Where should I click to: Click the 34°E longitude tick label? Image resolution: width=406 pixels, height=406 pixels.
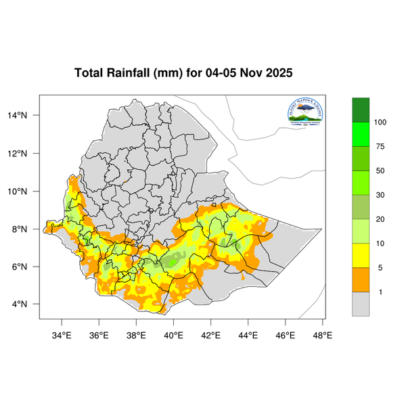tap(62, 334)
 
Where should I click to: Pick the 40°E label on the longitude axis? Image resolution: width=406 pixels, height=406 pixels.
tap(174, 334)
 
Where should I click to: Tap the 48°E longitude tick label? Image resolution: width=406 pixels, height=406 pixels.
tap(322, 334)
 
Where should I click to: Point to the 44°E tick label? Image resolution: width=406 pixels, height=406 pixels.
tap(248, 334)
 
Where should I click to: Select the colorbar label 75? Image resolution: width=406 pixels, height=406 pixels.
tap(378, 146)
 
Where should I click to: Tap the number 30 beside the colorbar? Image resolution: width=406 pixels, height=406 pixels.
tap(378, 195)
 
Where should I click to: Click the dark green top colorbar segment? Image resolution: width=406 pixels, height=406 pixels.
tap(361, 110)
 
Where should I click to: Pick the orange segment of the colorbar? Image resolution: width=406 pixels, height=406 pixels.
tap(361, 279)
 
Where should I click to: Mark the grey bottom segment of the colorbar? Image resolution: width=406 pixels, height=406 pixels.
tap(361, 304)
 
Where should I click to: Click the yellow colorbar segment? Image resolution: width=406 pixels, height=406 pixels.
tap(361, 255)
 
